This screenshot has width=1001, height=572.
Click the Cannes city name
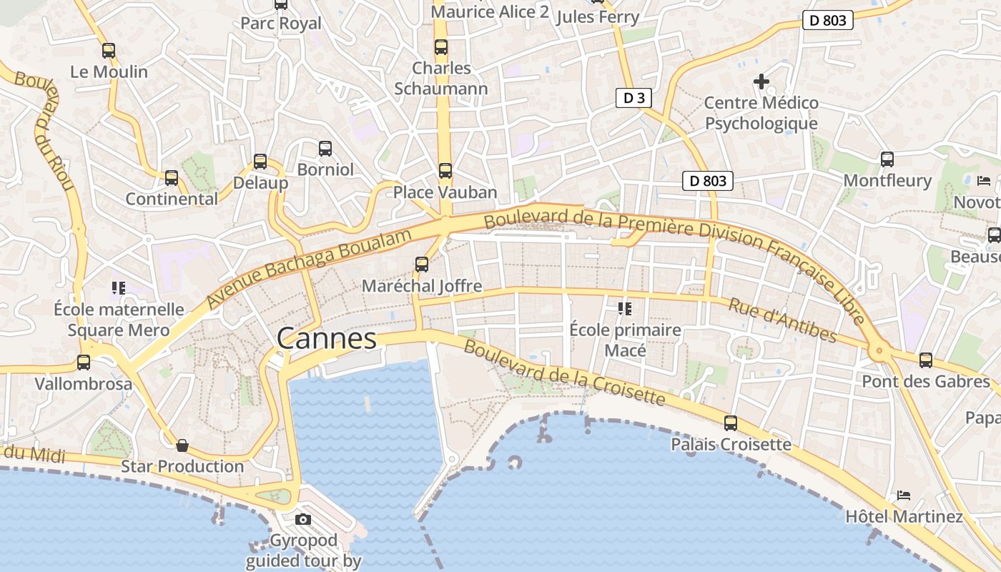(326, 338)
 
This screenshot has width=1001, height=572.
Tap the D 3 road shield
(633, 98)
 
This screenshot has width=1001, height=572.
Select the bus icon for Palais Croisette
(730, 423)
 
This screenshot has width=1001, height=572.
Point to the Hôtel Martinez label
(904, 516)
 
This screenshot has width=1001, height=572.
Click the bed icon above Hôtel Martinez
(904, 495)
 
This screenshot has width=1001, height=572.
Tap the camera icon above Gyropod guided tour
(303, 519)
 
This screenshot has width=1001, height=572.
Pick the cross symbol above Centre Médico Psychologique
(761, 82)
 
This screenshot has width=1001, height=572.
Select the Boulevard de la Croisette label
(565, 373)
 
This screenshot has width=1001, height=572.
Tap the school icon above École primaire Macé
(625, 309)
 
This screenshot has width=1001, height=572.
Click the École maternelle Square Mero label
(119, 320)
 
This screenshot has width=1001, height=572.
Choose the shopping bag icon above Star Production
(182, 445)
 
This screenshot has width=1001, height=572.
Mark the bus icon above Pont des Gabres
(926, 360)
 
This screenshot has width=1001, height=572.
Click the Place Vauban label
(445, 192)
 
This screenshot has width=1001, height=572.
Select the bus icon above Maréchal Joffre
(422, 265)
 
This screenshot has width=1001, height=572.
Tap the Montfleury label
(887, 180)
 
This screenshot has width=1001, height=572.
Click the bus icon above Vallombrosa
(84, 363)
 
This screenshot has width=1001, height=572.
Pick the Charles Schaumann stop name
(441, 79)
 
